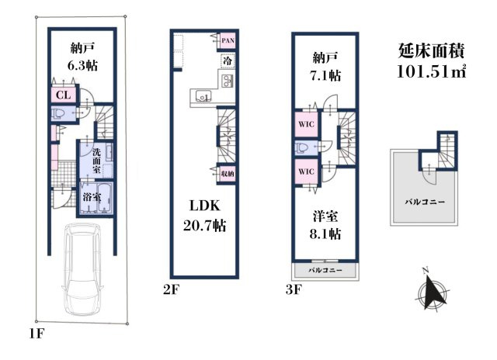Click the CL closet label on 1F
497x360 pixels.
(64, 95)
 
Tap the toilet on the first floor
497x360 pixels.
(59, 113)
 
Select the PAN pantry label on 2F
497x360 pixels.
(228, 40)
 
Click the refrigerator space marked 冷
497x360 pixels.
(228, 61)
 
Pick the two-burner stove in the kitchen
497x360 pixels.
(228, 81)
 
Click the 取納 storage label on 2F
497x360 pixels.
(228, 174)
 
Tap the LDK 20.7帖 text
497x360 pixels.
(205, 216)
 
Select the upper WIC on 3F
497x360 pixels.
(306, 124)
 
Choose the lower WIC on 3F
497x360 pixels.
(306, 171)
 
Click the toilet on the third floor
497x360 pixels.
(302, 148)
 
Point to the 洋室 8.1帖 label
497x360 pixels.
(325, 226)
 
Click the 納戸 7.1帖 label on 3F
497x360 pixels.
(325, 67)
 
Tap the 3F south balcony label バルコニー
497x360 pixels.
(325, 271)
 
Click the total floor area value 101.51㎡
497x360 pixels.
(432, 71)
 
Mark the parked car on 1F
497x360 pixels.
(82, 268)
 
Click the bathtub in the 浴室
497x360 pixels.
(105, 198)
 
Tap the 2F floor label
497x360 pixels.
(171, 289)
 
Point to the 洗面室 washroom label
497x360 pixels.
(96, 161)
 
